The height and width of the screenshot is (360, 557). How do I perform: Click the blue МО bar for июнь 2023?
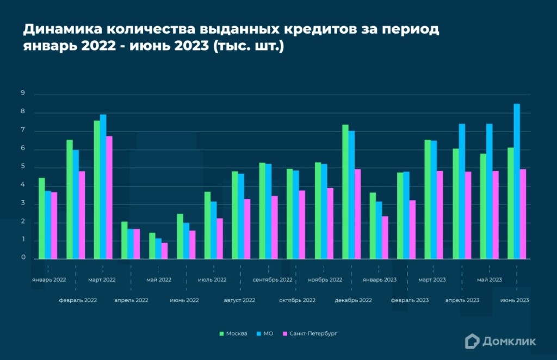pyautogui.click(x=517, y=182)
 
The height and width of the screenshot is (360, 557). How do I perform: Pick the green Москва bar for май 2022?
pyautogui.click(x=152, y=246)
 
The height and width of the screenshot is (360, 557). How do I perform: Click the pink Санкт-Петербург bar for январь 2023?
pyautogui.click(x=385, y=238)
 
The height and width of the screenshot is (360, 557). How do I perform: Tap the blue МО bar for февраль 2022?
pyautogui.click(x=76, y=204)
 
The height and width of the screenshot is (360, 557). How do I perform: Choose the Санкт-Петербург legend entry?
pyautogui.click(x=310, y=333)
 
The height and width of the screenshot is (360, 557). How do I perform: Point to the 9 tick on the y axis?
pyautogui.click(x=23, y=94)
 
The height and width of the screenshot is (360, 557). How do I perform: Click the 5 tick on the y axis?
pyautogui.click(x=23, y=167)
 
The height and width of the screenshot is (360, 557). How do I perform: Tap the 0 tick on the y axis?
pyautogui.click(x=23, y=259)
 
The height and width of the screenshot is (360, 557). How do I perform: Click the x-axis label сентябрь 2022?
pyautogui.click(x=273, y=280)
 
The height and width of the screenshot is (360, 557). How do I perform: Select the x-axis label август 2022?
pyautogui.click(x=239, y=300)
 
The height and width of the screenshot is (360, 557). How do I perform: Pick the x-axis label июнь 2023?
pyautogui.click(x=514, y=300)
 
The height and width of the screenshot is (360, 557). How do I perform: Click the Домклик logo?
pyautogui.click(x=500, y=341)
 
